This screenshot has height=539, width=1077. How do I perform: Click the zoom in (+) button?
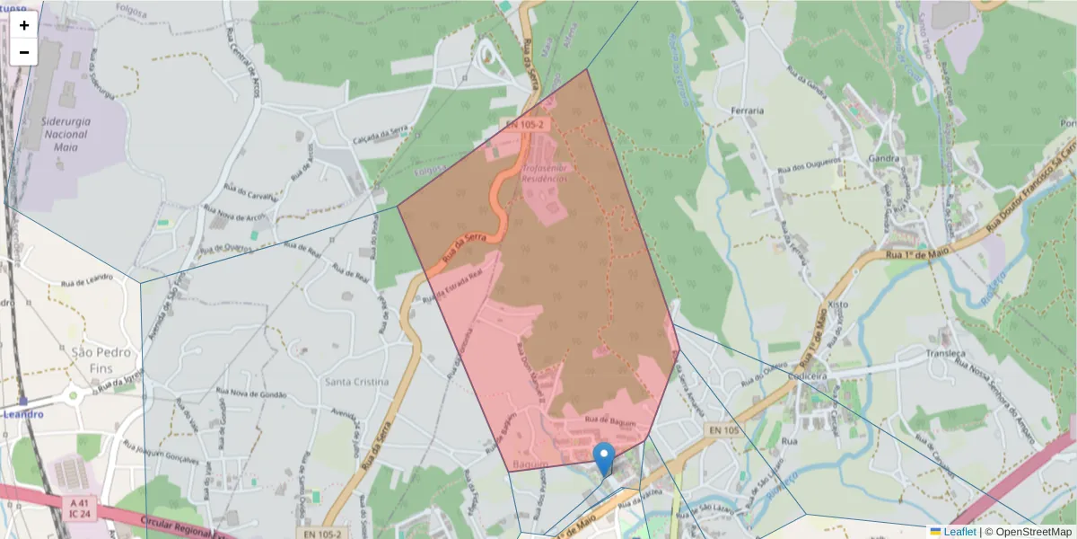(24, 25)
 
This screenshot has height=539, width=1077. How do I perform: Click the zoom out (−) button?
(24, 52)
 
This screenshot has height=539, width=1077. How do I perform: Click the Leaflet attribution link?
(959, 532)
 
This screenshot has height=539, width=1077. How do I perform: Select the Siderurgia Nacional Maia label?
(65, 134)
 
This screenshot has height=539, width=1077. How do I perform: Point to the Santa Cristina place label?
(357, 382)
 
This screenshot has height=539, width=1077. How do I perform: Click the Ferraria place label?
(747, 110)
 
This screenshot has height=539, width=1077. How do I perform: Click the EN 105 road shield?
(722, 432)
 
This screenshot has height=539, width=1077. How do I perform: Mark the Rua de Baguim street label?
(610, 420)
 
